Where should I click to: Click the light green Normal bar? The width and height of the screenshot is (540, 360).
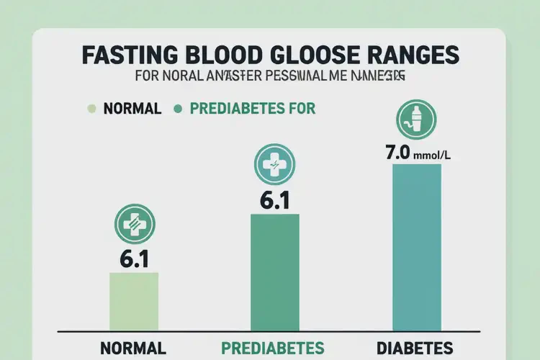click(134, 301)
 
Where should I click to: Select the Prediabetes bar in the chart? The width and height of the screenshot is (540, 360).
click(275, 272)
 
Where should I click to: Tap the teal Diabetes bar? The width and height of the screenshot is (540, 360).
click(416, 247)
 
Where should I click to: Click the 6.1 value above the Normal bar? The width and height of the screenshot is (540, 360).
click(134, 258)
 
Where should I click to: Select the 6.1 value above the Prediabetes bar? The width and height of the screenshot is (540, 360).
click(274, 200)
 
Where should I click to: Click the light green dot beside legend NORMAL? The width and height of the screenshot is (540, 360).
click(91, 109)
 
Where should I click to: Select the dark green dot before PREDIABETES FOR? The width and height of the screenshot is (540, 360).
click(177, 109)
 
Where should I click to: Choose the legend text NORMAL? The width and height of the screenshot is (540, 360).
click(132, 109)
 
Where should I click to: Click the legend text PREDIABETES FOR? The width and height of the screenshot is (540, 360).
click(252, 109)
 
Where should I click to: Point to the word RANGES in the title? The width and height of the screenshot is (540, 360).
click(415, 56)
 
